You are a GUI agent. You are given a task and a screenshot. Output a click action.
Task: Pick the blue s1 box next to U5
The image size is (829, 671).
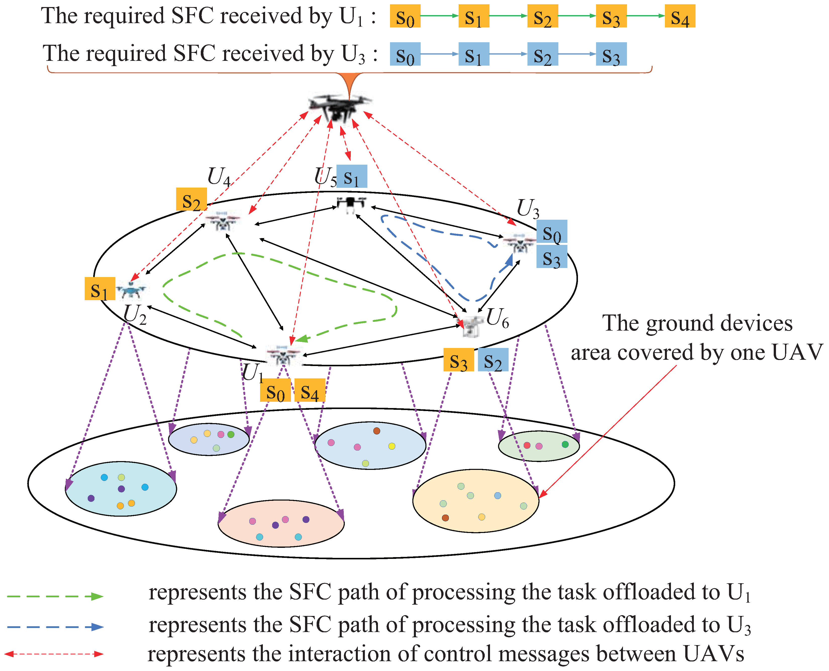point(352,177)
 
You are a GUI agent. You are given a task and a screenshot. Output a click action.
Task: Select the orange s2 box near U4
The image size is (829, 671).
point(191,199)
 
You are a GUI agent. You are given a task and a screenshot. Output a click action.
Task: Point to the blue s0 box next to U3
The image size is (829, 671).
point(552,232)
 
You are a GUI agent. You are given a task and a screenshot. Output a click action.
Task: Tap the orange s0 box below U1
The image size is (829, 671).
point(275,390)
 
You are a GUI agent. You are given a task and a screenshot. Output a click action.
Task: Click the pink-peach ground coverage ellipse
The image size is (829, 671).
point(281,524)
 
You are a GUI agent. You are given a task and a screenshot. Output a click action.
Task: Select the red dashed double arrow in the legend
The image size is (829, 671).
point(54,654)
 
